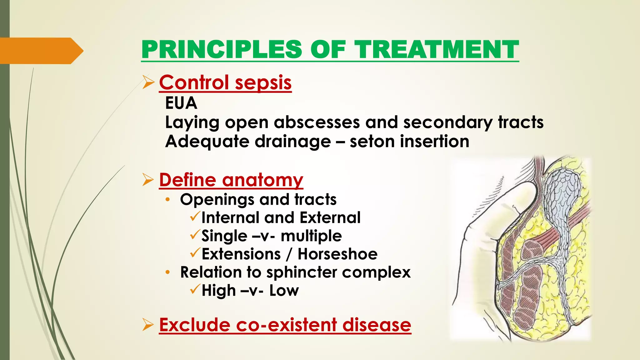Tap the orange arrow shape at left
tap(41, 51)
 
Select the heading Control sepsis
tap(225, 82)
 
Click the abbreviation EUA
tap(181, 103)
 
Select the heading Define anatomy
tap(231, 180)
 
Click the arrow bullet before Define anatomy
tap(148, 180)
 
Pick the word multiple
tap(311, 236)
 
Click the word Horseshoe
tap(337, 254)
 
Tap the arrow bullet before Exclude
tap(148, 325)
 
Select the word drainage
tap(292, 141)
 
